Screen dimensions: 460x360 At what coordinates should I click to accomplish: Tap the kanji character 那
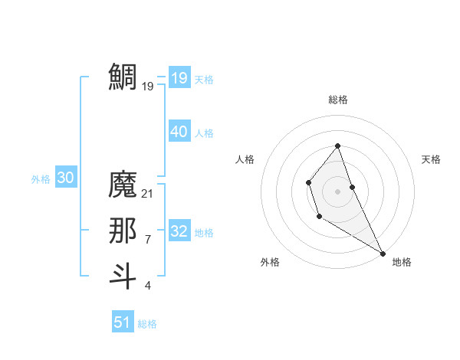pyautogui.click(x=123, y=231)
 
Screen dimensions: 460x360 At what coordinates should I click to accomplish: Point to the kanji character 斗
pyautogui.click(x=123, y=276)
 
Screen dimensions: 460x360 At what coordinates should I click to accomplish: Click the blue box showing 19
pyautogui.click(x=179, y=77)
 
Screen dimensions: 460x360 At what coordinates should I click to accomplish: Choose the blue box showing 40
pyautogui.click(x=179, y=132)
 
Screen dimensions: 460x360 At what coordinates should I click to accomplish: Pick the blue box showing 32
pyautogui.click(x=179, y=231)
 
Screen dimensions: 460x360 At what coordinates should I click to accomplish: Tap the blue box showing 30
pyautogui.click(x=65, y=178)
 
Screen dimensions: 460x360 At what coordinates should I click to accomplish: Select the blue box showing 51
pyautogui.click(x=123, y=322)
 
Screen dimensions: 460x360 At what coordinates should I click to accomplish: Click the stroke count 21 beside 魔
pyautogui.click(x=148, y=194)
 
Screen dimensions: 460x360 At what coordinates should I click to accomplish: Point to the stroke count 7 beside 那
pyautogui.click(x=147, y=240)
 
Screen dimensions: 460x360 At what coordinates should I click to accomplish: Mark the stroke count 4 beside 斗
pyautogui.click(x=147, y=286)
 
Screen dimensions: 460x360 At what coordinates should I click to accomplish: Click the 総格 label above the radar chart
pyautogui.click(x=337, y=100)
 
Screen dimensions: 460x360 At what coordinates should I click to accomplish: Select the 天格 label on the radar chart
pyautogui.click(x=432, y=159)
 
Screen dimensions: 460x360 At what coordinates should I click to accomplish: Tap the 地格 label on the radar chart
pyautogui.click(x=402, y=262)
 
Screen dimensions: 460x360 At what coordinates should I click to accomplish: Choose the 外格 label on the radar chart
pyautogui.click(x=270, y=262)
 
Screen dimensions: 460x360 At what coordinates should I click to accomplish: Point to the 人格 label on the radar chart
pyautogui.click(x=245, y=159)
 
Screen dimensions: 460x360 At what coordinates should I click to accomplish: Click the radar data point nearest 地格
pyautogui.click(x=383, y=254)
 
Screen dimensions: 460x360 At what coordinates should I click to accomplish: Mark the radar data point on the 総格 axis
pyautogui.click(x=337, y=146)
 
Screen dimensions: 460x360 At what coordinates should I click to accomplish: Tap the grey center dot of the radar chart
pyautogui.click(x=337, y=191)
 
